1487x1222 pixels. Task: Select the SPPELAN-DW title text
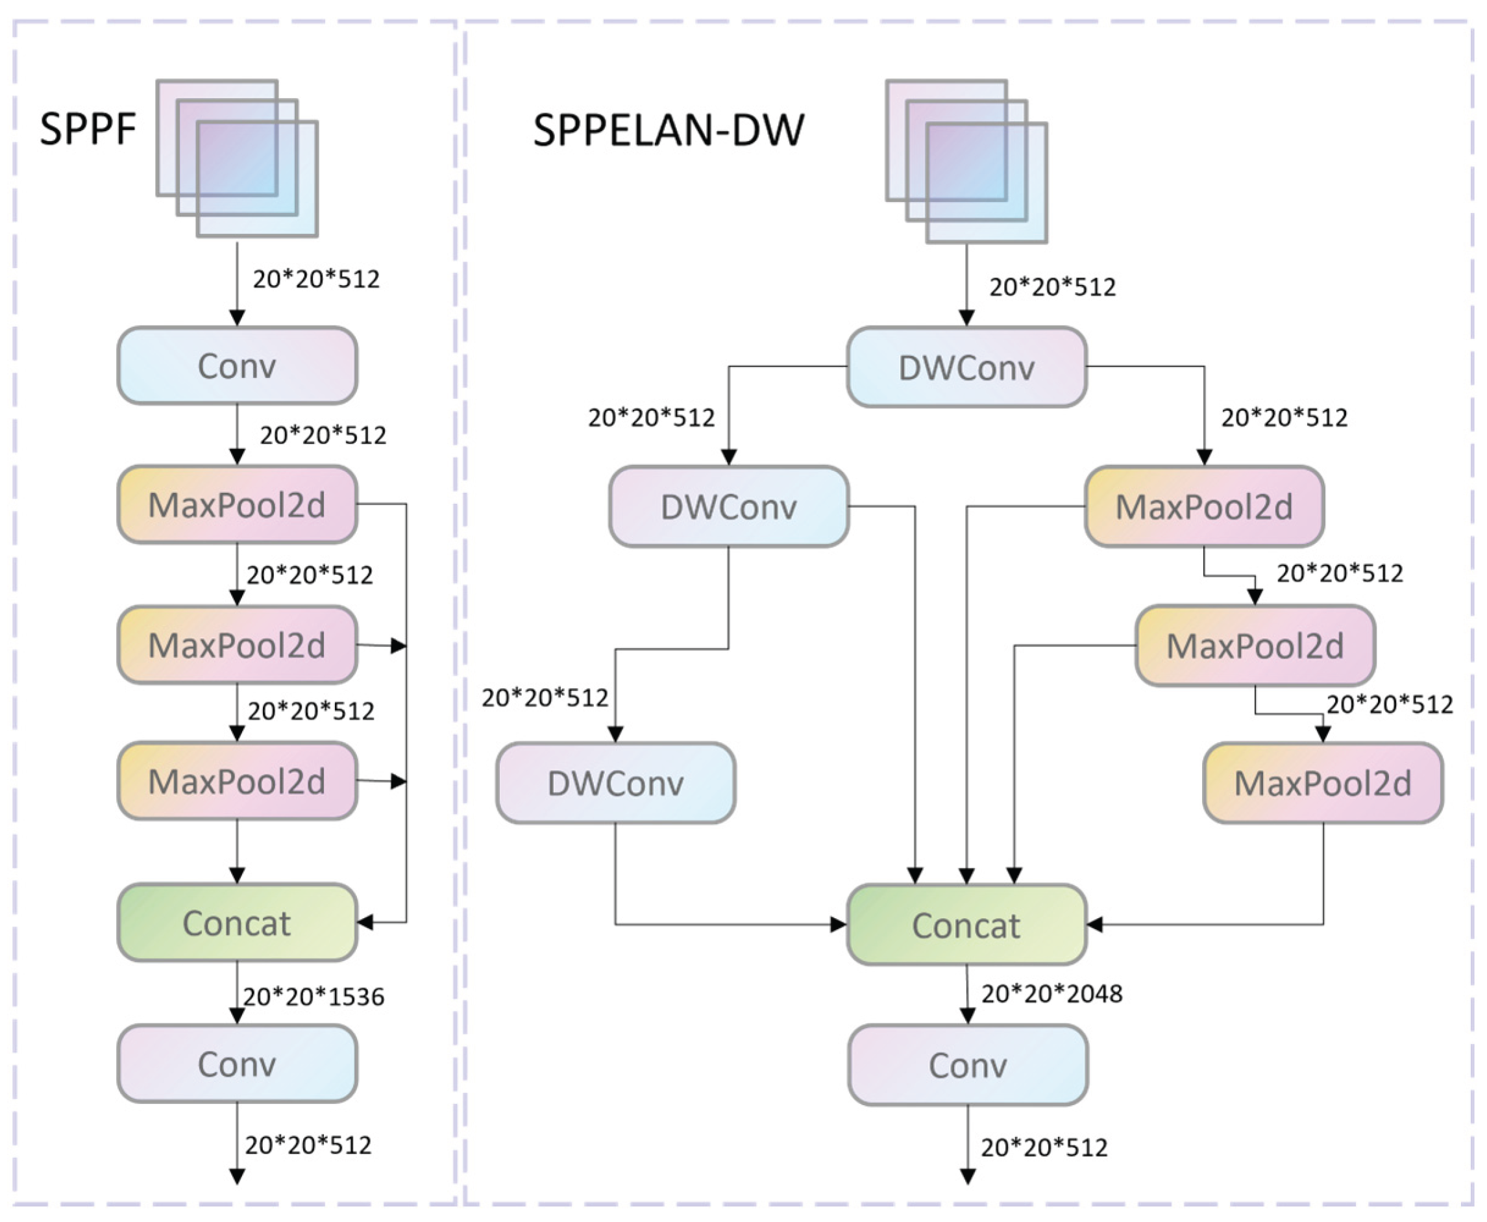pyautogui.click(x=668, y=131)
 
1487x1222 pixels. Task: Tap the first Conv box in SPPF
pyautogui.click(x=237, y=366)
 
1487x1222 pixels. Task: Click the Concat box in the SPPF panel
pyautogui.click(x=237, y=923)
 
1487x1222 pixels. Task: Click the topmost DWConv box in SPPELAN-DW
pyautogui.click(x=966, y=368)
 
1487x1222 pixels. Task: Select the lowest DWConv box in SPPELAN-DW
pyautogui.click(x=616, y=783)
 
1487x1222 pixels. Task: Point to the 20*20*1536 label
pyautogui.click(x=314, y=997)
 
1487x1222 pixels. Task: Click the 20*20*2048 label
pyautogui.click(x=1051, y=994)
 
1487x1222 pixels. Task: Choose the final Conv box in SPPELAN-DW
pyautogui.click(x=968, y=1065)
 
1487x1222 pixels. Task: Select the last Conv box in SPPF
pyautogui.click(x=237, y=1064)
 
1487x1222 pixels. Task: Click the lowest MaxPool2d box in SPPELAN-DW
pyautogui.click(x=1323, y=783)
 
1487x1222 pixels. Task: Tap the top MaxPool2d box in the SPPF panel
pyautogui.click(x=237, y=505)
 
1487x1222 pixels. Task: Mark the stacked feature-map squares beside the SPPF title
pyautogui.click(x=237, y=158)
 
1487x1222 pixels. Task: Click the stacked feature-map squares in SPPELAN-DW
pyautogui.click(x=966, y=161)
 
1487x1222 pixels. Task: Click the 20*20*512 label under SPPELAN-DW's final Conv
pyautogui.click(x=1044, y=1148)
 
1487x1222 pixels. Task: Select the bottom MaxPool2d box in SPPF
pyautogui.click(x=237, y=781)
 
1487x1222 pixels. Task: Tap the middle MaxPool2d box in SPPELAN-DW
pyautogui.click(x=1255, y=645)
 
